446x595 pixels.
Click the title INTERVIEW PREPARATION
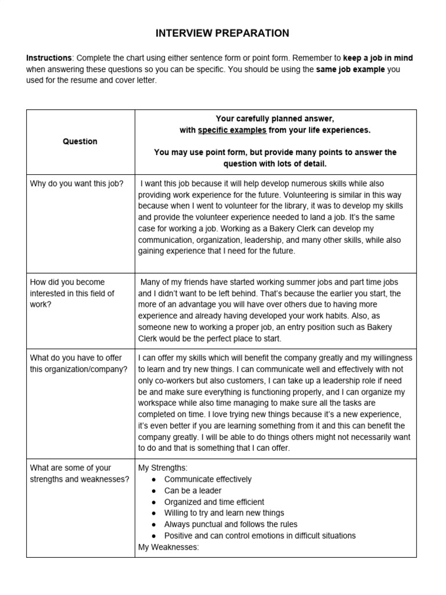222,33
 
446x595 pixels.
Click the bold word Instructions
49,58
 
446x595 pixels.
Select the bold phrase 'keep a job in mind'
378,58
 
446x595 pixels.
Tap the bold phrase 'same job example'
350,70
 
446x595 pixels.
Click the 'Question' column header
80,141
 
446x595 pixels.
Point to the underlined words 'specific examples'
232,130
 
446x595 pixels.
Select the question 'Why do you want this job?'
76,184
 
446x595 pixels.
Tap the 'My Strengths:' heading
163,468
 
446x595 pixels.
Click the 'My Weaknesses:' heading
168,547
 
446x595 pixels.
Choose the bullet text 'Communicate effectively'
208,479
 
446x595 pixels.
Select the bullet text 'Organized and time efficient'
214,502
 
